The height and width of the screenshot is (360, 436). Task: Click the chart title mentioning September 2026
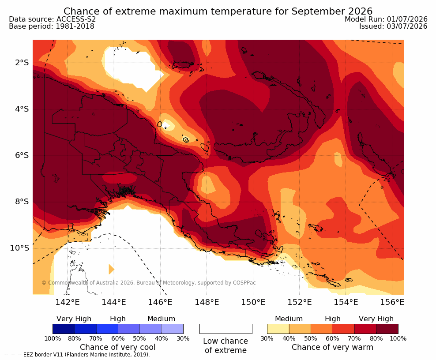click(218, 11)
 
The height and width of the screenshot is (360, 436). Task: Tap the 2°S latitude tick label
click(22, 63)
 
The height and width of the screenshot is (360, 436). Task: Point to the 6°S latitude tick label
click(22, 155)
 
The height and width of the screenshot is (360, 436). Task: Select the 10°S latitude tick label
click(19, 247)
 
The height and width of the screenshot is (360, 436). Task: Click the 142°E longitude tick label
click(67, 302)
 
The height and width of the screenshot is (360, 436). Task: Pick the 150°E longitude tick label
click(253, 302)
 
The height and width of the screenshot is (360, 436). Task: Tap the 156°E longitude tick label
click(392, 302)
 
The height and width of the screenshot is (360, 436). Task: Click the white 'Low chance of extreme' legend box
click(226, 329)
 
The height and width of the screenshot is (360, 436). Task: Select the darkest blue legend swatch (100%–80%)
click(64, 329)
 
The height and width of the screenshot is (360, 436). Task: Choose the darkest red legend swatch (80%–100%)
click(387, 329)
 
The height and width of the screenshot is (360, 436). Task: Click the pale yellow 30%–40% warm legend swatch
click(278, 329)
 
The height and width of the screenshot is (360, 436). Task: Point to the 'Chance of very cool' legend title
click(118, 347)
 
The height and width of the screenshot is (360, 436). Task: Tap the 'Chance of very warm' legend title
click(332, 347)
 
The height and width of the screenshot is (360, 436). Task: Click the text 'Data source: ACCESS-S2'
click(52, 19)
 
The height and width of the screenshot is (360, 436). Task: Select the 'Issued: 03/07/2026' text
click(393, 26)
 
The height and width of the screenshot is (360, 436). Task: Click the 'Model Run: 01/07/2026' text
click(386, 19)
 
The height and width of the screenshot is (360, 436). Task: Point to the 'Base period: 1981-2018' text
click(52, 26)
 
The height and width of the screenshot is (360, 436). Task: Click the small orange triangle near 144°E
click(111, 269)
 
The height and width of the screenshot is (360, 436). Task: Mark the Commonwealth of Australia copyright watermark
click(148, 283)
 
